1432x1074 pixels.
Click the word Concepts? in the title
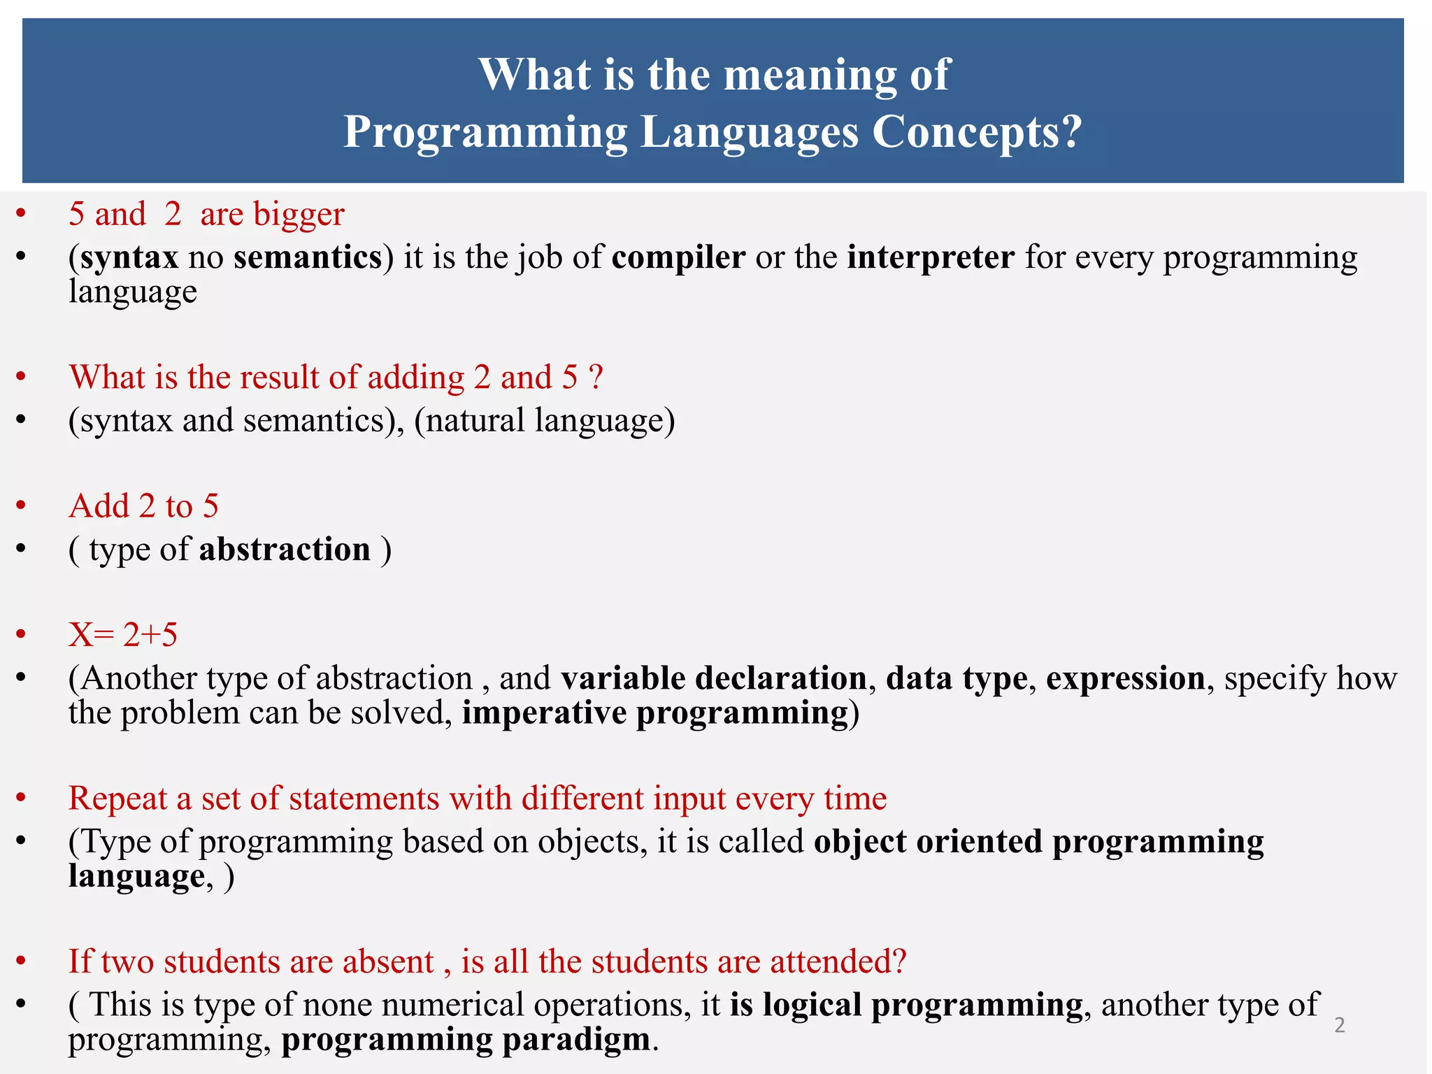pos(977,132)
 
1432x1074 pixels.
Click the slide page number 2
pos(1339,1025)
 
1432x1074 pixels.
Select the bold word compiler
pos(678,258)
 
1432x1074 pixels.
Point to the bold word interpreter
pos(931,257)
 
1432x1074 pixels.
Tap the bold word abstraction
pos(285,550)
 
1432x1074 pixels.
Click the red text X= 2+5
pos(123,635)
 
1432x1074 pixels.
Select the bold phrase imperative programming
pos(655,713)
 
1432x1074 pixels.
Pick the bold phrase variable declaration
pos(713,678)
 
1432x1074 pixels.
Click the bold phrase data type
pos(956,678)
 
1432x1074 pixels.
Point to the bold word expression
pos(1125,678)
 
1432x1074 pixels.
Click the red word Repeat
pos(117,799)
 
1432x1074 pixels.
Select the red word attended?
pos(838,961)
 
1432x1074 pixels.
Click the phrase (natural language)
pos(544,421)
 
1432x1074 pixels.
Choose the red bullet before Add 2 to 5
pos(21,505)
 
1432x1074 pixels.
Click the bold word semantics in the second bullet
pos(308,258)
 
